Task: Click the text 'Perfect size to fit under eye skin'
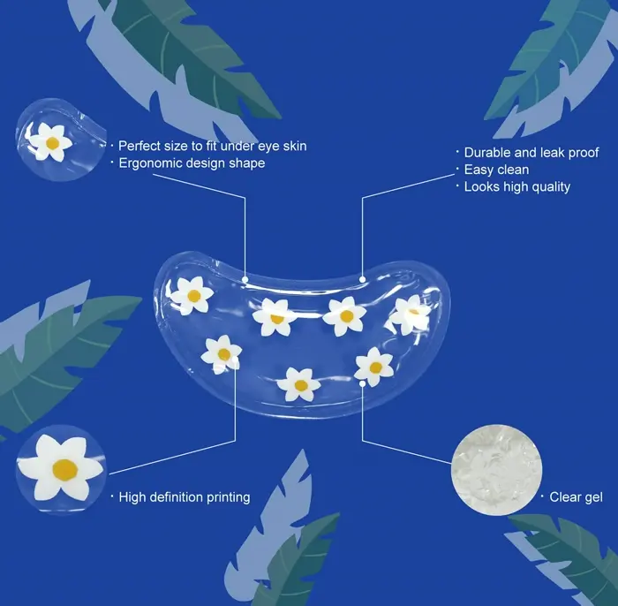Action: pos(213,147)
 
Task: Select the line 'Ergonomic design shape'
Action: pos(192,163)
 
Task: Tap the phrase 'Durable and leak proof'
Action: pos(531,153)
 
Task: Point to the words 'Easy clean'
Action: pos(496,170)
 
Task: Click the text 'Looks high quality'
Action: pos(517,187)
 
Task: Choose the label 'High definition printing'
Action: pos(185,497)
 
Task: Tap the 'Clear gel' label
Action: pos(576,497)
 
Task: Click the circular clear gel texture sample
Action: pos(496,470)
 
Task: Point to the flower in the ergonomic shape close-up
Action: pos(49,141)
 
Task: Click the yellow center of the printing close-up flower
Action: pos(65,470)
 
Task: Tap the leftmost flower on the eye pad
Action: pos(192,296)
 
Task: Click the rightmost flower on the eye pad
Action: pos(410,314)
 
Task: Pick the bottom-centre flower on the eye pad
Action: pos(298,384)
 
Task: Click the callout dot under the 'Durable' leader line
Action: pos(363,279)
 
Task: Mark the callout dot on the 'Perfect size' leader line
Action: pos(245,279)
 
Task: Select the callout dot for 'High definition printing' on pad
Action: pos(236,360)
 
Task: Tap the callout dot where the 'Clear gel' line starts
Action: pos(362,383)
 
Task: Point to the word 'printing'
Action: pos(228,497)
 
